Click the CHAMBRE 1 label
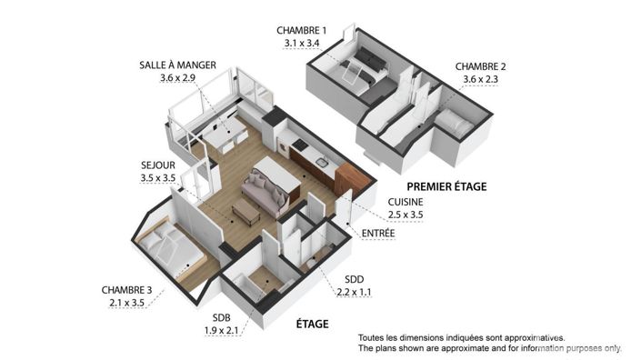coord(301,30)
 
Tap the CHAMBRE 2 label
coord(480,65)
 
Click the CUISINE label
coord(405,203)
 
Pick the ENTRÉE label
coord(378,233)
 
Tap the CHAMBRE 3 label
coord(125,290)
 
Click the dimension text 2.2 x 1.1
coord(354,292)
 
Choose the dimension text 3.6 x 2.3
coord(481,79)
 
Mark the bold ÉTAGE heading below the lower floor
coord(312,323)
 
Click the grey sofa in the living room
coord(262,192)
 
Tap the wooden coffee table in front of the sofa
coord(246,212)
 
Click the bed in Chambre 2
coord(451,123)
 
